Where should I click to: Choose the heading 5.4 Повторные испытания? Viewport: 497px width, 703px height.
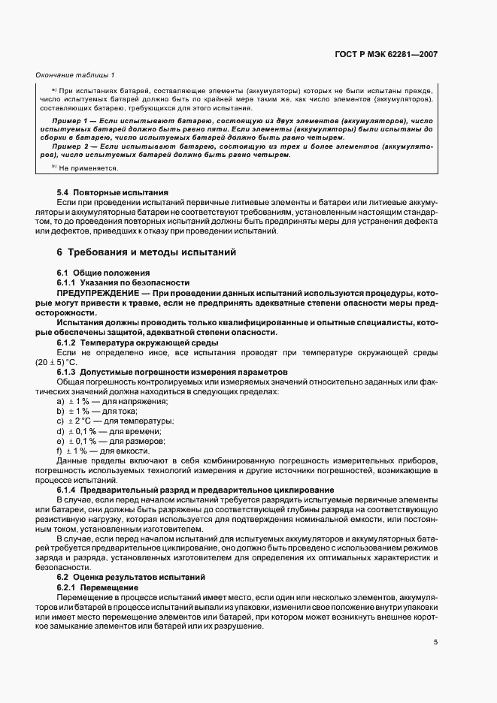click(x=112, y=193)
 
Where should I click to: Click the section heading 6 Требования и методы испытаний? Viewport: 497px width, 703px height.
click(x=147, y=252)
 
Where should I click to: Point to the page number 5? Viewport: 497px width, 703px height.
click(x=436, y=642)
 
